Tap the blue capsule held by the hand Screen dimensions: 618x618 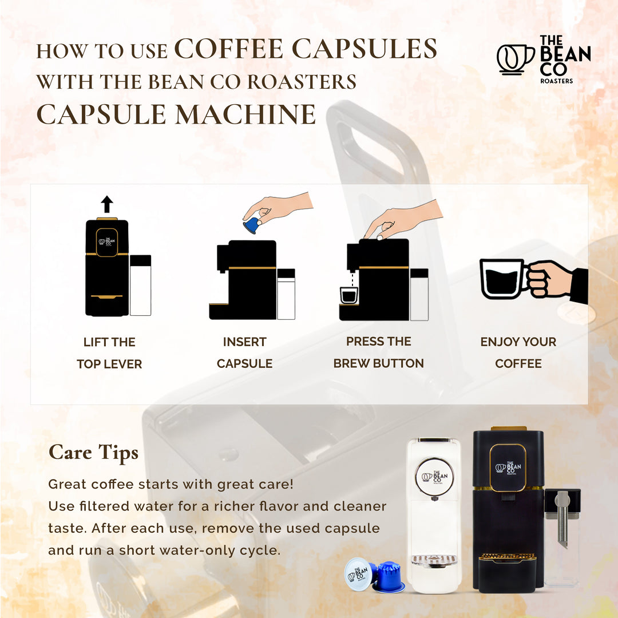(251, 224)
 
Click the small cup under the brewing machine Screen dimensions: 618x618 (348, 295)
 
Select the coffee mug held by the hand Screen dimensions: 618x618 (502, 279)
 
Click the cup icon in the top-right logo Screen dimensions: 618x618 (514, 59)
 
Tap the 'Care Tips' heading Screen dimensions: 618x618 (93, 453)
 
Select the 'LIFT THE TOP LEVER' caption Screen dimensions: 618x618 (109, 353)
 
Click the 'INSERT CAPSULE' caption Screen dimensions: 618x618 (244, 352)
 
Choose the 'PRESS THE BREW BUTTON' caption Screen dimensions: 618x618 (378, 352)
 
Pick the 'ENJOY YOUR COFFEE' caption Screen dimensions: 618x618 (518, 352)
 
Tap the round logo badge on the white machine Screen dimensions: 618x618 (434, 477)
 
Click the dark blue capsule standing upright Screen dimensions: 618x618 (389, 577)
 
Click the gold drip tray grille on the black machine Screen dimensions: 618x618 (507, 556)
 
